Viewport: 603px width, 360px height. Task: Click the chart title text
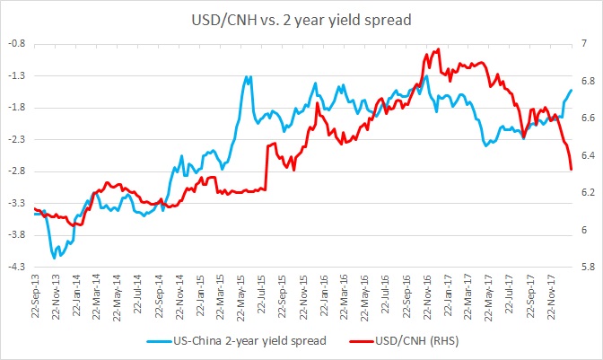tap(302, 18)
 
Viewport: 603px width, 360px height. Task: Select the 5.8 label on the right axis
tap(586, 267)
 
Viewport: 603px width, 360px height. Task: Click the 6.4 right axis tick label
tap(586, 155)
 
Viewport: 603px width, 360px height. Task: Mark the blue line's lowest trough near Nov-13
tap(54, 258)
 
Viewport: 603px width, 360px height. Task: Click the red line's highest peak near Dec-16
tap(437, 49)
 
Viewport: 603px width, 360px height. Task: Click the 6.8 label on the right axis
tap(586, 81)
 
